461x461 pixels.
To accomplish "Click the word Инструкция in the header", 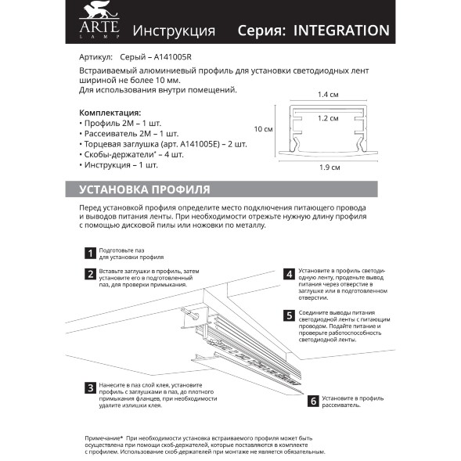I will (174, 31).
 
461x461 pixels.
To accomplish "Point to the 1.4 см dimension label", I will (328, 95).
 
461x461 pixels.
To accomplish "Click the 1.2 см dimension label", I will (328, 118).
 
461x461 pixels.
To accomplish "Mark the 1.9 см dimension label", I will (330, 167).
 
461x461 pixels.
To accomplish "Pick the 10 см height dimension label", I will (263, 129).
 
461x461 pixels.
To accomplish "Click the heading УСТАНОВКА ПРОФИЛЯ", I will (144, 189).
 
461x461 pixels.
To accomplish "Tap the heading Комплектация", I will (110, 112).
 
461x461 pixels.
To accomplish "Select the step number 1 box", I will (91, 253).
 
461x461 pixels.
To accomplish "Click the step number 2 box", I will (91, 274).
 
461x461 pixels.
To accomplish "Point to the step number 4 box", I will (289, 274).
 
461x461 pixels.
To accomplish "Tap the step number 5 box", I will (289, 315).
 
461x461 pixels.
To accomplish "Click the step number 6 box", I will (313, 402).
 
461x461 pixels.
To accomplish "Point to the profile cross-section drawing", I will (329, 131).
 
